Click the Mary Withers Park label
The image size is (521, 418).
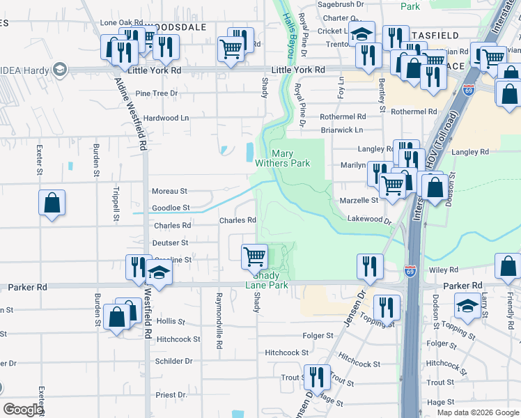click(290, 158)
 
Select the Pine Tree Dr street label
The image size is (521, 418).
click(157, 93)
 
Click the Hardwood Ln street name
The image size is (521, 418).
click(166, 118)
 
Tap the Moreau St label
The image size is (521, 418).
click(169, 191)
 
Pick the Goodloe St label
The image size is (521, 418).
click(171, 208)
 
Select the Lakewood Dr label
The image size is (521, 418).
click(369, 219)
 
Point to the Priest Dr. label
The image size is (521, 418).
click(171, 395)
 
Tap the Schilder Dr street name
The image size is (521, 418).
click(173, 362)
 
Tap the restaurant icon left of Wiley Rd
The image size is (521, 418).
click(369, 266)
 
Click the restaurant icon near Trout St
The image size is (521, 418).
click(316, 377)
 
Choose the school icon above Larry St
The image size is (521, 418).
click(467, 306)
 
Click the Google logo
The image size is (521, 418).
click(22, 410)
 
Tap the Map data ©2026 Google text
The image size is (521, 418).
click(478, 412)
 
